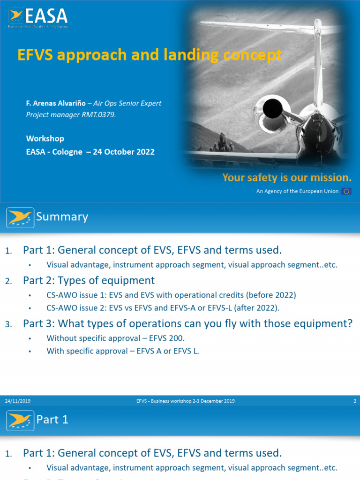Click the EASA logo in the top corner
(38, 18)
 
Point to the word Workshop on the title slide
(45, 139)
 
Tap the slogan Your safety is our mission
(286, 178)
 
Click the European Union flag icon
(346, 191)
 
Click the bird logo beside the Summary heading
(20, 217)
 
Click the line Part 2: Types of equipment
(89, 280)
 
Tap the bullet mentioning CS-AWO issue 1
(171, 295)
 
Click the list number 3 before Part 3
(8, 324)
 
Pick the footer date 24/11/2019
(18, 401)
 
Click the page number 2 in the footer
(354, 401)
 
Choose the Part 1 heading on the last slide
(52, 420)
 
